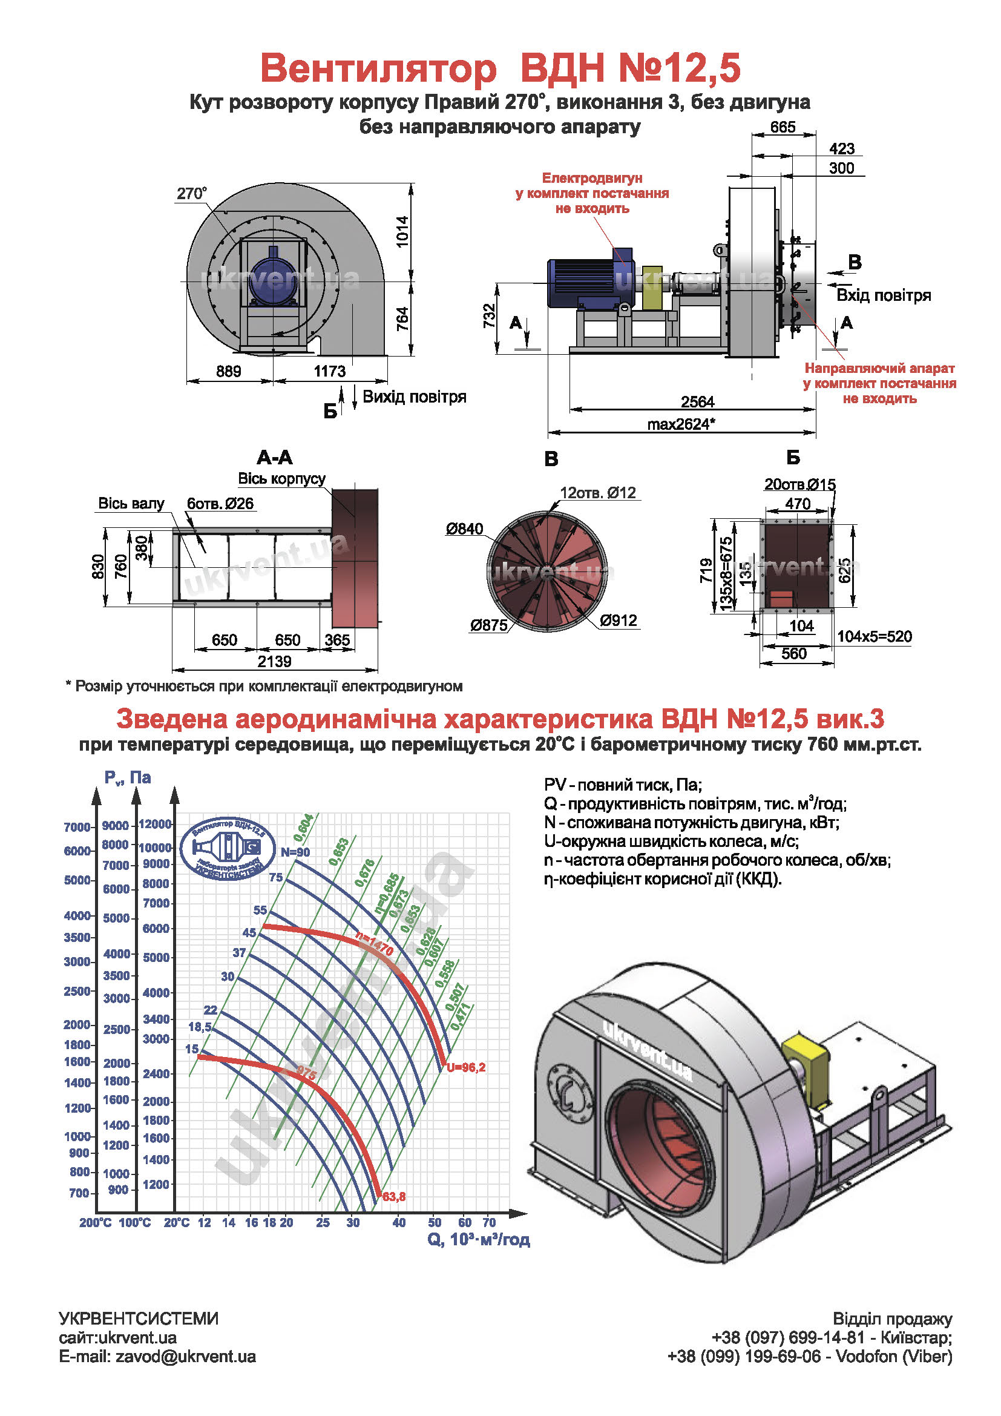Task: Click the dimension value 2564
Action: coord(697,402)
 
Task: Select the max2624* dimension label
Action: coord(680,424)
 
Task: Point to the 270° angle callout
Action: coord(192,194)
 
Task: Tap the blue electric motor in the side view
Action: coord(586,282)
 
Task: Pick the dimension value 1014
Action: coord(402,231)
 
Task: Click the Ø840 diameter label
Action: coord(465,529)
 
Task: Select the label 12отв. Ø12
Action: coord(597,493)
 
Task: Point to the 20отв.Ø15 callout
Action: coord(799,485)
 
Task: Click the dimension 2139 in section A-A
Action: coord(274,662)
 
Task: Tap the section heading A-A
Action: coord(275,458)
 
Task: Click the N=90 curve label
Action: coord(295,852)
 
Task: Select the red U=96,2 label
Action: coord(466,1067)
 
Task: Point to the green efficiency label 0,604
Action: coord(303,828)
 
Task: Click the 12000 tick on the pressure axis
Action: coord(155,824)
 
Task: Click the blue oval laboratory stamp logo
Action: coord(228,849)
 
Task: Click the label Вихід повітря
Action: coord(414,397)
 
